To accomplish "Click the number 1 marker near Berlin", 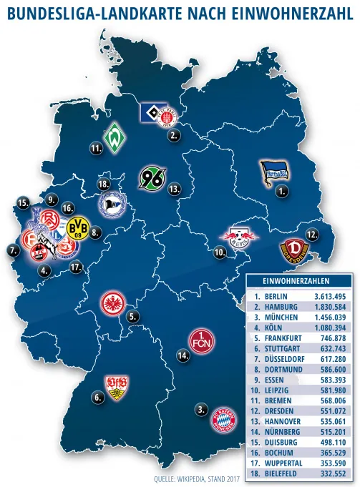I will click(283, 192).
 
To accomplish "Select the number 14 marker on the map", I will click(183, 355).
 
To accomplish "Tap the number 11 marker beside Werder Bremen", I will click(94, 148).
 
